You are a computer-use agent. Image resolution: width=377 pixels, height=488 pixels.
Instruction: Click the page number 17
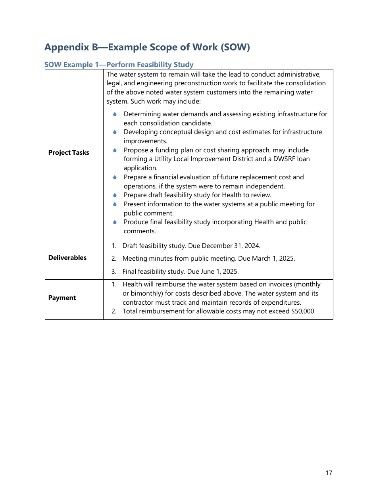point(329,473)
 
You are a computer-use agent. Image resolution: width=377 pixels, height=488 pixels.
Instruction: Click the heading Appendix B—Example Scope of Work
point(147,47)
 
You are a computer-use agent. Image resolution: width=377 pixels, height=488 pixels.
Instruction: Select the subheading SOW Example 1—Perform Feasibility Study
point(119,65)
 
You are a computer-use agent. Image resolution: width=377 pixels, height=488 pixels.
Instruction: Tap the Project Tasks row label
point(69,153)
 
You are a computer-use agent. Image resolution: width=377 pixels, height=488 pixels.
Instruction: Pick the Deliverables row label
point(67,258)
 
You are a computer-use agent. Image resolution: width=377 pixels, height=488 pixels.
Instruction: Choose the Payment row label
point(62,298)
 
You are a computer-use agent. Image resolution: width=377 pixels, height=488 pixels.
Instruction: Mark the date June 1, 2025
point(220,272)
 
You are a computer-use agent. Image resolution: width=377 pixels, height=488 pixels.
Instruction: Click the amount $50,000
point(302,311)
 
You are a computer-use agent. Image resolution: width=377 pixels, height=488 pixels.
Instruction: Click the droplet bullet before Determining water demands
point(115,114)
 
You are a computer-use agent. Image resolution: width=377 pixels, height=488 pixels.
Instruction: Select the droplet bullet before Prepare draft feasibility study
point(115,195)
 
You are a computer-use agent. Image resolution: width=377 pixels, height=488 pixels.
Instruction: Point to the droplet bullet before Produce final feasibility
point(115,222)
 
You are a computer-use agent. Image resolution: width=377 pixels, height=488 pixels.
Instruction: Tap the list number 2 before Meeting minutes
point(113,259)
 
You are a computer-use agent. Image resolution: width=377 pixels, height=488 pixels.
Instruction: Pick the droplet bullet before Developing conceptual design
point(115,132)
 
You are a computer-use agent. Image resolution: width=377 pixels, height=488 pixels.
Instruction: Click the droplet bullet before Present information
point(115,204)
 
